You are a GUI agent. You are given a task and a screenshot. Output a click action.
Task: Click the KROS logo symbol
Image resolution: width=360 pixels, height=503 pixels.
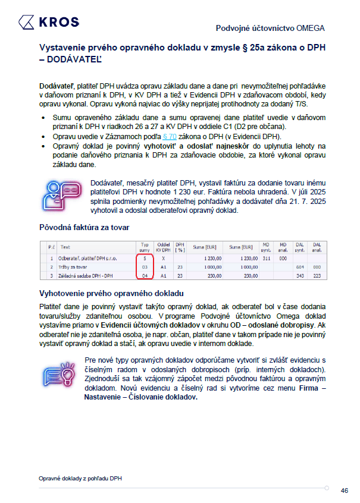(26, 23)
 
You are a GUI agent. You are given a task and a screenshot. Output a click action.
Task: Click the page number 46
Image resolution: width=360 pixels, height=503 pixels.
(344, 491)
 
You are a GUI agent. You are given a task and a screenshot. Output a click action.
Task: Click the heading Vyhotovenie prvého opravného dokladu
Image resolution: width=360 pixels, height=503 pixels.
(111, 293)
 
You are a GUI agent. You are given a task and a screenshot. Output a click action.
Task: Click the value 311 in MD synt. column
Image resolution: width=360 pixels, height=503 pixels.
(266, 259)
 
